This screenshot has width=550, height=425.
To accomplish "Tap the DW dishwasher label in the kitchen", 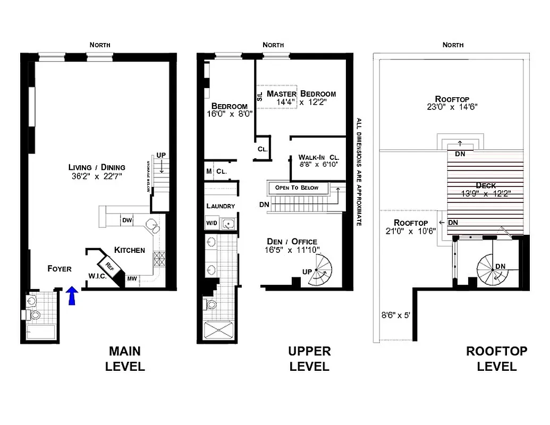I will (x=127, y=220).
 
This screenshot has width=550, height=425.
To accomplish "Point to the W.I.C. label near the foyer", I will (x=97, y=276).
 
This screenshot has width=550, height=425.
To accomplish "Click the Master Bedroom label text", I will (x=301, y=93).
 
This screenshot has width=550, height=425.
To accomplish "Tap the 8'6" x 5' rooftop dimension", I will (x=396, y=314).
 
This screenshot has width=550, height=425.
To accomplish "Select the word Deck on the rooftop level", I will (x=486, y=185).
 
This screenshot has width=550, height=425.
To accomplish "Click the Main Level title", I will (x=125, y=359).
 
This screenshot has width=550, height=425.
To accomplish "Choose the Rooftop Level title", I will (x=496, y=359).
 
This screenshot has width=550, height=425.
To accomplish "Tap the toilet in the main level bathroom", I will (x=36, y=315).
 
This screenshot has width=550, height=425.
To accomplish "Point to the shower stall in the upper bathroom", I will (x=217, y=331).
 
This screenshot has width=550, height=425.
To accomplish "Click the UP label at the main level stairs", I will (x=161, y=155).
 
